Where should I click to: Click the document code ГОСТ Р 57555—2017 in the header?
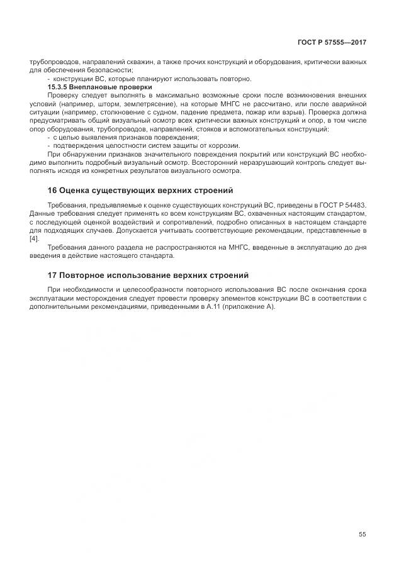(332, 43)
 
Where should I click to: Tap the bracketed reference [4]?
(35, 238)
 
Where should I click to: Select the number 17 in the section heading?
(53, 275)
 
